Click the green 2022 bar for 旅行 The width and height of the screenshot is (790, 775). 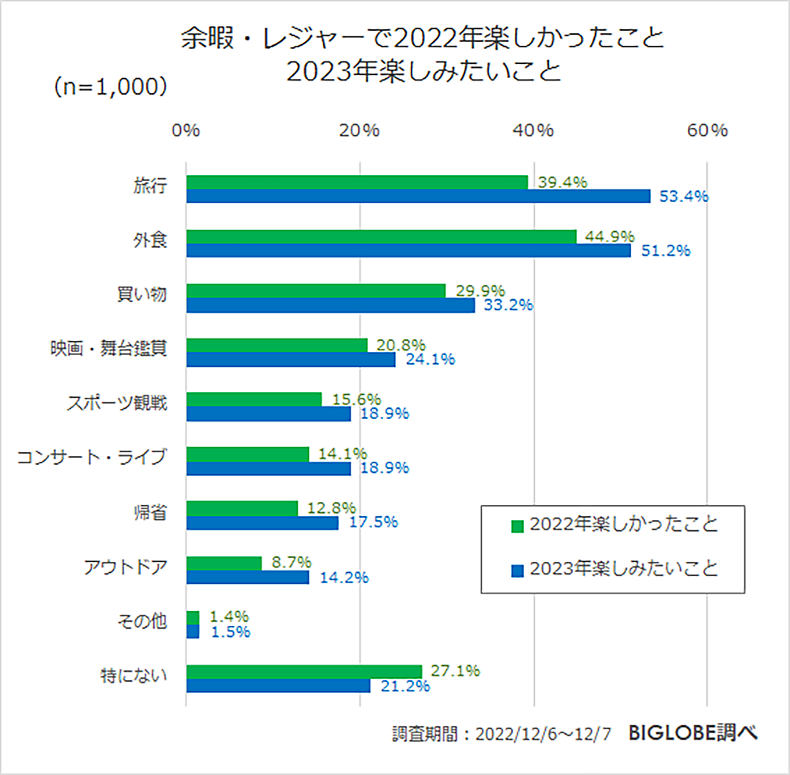(x=357, y=182)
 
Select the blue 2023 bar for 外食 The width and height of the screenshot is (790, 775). (x=408, y=250)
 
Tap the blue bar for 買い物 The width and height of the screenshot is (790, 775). (x=330, y=305)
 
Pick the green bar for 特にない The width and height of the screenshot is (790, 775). (x=304, y=672)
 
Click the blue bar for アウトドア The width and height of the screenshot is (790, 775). (x=247, y=578)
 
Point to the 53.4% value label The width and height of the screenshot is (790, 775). (x=684, y=197)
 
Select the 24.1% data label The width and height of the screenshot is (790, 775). (x=431, y=360)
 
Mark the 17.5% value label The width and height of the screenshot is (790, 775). (x=373, y=522)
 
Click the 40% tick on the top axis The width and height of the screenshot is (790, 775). (x=534, y=131)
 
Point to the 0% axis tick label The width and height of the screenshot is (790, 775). (x=186, y=131)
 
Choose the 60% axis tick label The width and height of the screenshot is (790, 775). (x=707, y=131)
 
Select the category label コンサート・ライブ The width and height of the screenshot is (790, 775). (x=92, y=456)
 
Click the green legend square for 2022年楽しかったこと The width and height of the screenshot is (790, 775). (x=517, y=526)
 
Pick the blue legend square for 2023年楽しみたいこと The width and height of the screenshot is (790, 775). (x=517, y=569)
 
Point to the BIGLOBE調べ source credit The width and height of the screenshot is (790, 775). (x=694, y=733)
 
